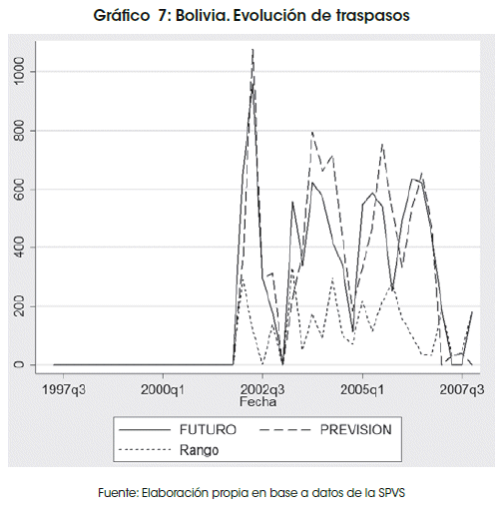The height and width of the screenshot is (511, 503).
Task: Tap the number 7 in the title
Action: click(163, 16)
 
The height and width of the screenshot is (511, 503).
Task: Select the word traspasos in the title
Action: click(372, 16)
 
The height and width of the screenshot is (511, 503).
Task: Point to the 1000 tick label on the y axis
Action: click(19, 71)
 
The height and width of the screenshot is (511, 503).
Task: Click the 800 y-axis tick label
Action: click(19, 131)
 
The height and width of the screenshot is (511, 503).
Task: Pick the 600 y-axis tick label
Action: click(19, 190)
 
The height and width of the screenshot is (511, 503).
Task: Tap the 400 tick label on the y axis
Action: click(19, 248)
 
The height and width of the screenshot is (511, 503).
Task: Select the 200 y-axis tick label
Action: click(19, 306)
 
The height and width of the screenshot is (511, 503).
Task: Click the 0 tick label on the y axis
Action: click(19, 364)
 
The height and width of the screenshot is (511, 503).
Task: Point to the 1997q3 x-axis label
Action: click(64, 389)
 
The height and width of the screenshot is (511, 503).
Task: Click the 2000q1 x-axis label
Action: click(163, 389)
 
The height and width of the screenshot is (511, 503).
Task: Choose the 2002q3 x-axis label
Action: click(262, 389)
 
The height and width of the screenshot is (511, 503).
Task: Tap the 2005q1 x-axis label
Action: click(362, 389)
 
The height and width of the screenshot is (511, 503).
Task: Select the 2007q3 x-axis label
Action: click(462, 389)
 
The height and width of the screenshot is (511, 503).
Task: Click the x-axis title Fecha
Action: click(258, 402)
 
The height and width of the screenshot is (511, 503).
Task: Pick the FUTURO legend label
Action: click(208, 429)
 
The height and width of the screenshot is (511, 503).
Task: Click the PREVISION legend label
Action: click(356, 429)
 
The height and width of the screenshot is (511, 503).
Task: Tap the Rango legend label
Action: click(199, 450)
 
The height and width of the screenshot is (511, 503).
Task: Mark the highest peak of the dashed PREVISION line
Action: click(252, 49)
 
